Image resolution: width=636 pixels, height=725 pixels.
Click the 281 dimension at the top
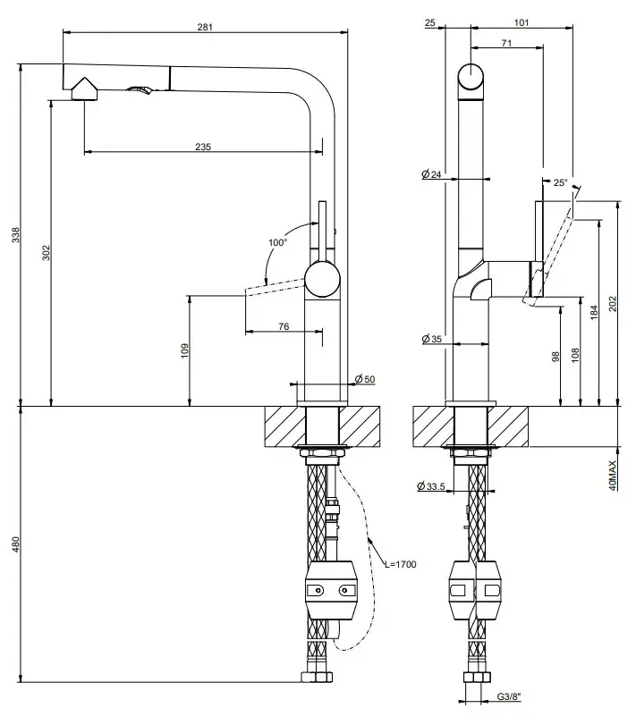click(x=205, y=27)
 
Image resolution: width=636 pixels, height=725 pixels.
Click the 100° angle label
click(x=276, y=242)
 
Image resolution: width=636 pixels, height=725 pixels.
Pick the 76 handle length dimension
click(x=283, y=326)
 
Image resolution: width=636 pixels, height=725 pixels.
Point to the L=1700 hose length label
click(x=400, y=564)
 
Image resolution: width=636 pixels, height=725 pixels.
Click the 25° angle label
click(x=560, y=182)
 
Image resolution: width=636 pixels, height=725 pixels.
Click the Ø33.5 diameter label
click(x=432, y=486)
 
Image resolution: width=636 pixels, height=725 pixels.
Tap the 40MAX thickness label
click(x=613, y=475)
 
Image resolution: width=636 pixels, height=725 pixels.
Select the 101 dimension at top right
click(x=523, y=22)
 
